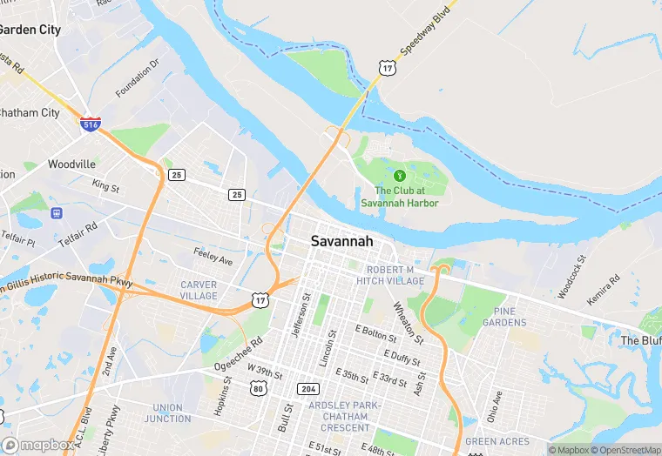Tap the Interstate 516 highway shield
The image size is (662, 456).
click(x=90, y=124)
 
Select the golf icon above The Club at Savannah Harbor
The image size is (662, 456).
click(x=400, y=176)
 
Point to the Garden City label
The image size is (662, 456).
click(x=29, y=30)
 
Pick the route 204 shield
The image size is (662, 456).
click(x=307, y=388)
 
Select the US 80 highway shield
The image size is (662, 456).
click(x=258, y=388)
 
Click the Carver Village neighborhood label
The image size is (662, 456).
click(x=199, y=291)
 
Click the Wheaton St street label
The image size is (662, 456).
click(x=408, y=321)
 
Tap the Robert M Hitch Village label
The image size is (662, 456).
click(x=395, y=275)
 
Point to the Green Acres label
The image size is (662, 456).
click(x=492, y=442)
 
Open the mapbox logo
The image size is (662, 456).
click(x=38, y=445)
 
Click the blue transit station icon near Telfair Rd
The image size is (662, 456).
click(x=58, y=212)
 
